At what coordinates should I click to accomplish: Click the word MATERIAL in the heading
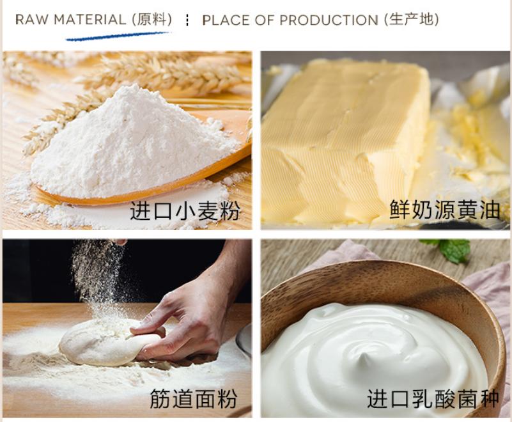[x=90, y=20]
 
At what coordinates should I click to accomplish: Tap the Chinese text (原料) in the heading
[x=152, y=20]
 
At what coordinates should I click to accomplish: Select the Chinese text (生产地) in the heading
[x=412, y=20]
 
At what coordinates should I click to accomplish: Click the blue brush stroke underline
[x=118, y=36]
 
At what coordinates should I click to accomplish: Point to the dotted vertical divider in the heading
[x=187, y=20]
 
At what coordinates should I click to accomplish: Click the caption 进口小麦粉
[x=185, y=210]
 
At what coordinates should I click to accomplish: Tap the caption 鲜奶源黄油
[x=444, y=209]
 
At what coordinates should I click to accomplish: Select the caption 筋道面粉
[x=193, y=399]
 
